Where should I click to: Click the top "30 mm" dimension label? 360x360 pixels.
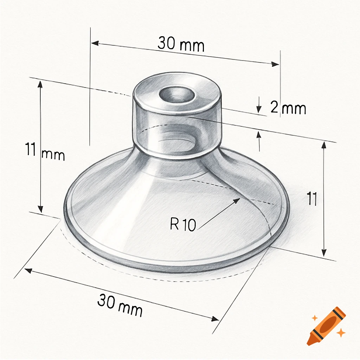coord(181,44)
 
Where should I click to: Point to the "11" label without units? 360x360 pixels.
coord(311,199)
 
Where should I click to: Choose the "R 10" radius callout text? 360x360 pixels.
coord(183,225)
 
